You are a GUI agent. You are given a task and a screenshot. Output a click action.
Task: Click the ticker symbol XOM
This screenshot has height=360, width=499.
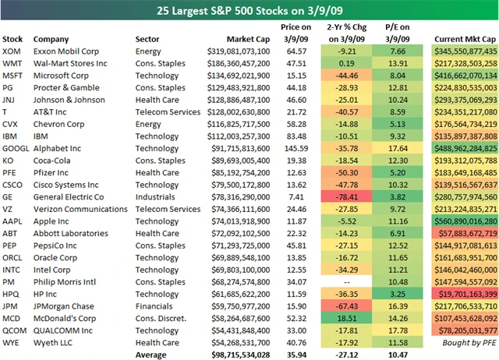pyautogui.click(x=12, y=51)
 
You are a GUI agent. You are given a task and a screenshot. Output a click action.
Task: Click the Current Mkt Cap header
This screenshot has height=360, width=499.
pyautogui.click(x=463, y=38)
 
